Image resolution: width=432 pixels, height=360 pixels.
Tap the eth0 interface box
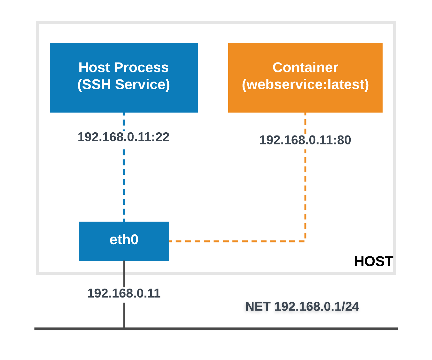pyautogui.click(x=124, y=241)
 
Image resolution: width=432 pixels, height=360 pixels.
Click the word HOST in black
pyautogui.click(x=373, y=261)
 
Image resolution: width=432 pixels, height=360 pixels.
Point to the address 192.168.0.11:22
pyautogui.click(x=124, y=137)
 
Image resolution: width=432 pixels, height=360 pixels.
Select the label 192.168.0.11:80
pyautogui.click(x=305, y=140)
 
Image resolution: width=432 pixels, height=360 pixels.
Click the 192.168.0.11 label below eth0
pyautogui.click(x=124, y=293)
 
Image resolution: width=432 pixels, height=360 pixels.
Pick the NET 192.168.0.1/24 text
pyautogui.click(x=302, y=307)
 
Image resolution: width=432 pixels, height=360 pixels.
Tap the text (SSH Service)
pyautogui.click(x=124, y=84)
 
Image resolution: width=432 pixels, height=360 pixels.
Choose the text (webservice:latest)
pyautogui.click(x=305, y=84)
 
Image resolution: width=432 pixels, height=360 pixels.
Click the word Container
pyautogui.click(x=305, y=68)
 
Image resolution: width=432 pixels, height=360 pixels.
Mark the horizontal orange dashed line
pyautogui.click(x=236, y=241)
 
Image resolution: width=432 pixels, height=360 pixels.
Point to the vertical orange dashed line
pyautogui.click(x=305, y=191)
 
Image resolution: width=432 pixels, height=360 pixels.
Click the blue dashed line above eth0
pyautogui.click(x=124, y=185)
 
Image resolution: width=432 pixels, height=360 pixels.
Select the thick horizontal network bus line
pyautogui.click(x=255, y=329)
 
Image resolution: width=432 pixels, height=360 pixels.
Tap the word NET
pyautogui.click(x=258, y=307)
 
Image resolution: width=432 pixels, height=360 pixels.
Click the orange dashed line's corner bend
pyautogui.click(x=305, y=241)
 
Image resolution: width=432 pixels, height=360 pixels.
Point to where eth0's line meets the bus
pyautogui.click(x=124, y=328)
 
